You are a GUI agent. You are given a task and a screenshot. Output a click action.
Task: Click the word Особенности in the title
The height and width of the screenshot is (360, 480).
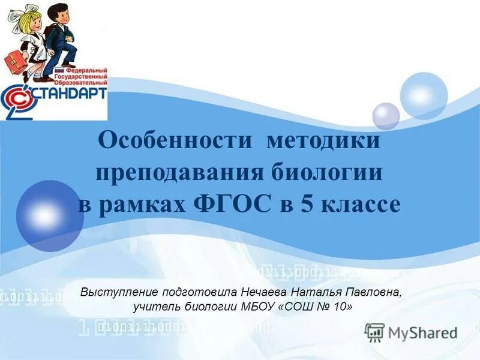174,142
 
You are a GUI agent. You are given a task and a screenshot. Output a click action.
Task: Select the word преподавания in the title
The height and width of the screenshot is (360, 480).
178,173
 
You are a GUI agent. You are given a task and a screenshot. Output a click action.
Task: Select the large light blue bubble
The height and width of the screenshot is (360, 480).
424,96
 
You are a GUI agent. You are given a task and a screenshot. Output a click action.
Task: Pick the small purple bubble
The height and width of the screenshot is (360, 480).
386,116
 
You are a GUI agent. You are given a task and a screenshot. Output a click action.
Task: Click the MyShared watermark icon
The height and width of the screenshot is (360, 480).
375,332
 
